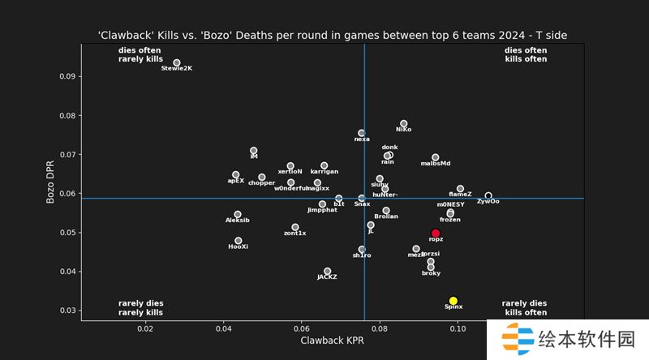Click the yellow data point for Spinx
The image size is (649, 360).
[453, 301]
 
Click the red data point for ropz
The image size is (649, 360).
[436, 234]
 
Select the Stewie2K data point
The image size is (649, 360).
[177, 62]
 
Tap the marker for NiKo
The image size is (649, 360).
[403, 123]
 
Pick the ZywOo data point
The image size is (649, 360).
[488, 195]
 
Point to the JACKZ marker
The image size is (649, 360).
[327, 272]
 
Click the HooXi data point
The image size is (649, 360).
[238, 241]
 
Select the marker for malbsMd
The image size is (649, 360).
[436, 157]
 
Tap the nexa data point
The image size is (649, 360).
[362, 133]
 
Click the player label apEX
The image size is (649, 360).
[236, 181]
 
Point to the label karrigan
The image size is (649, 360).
[324, 172]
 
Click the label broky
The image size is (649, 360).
[432, 273]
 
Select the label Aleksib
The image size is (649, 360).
[237, 221]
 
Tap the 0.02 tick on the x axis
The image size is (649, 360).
[146, 329]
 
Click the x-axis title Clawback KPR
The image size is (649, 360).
[332, 344]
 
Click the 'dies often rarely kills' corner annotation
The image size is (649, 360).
[140, 54]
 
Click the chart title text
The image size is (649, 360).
[332, 35]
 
